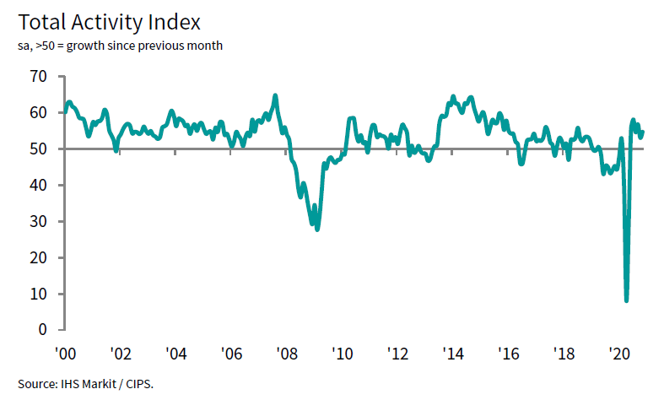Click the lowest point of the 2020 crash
pos(626,300)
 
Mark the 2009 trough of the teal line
pos(317,229)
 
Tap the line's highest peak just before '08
pos(275,95)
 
